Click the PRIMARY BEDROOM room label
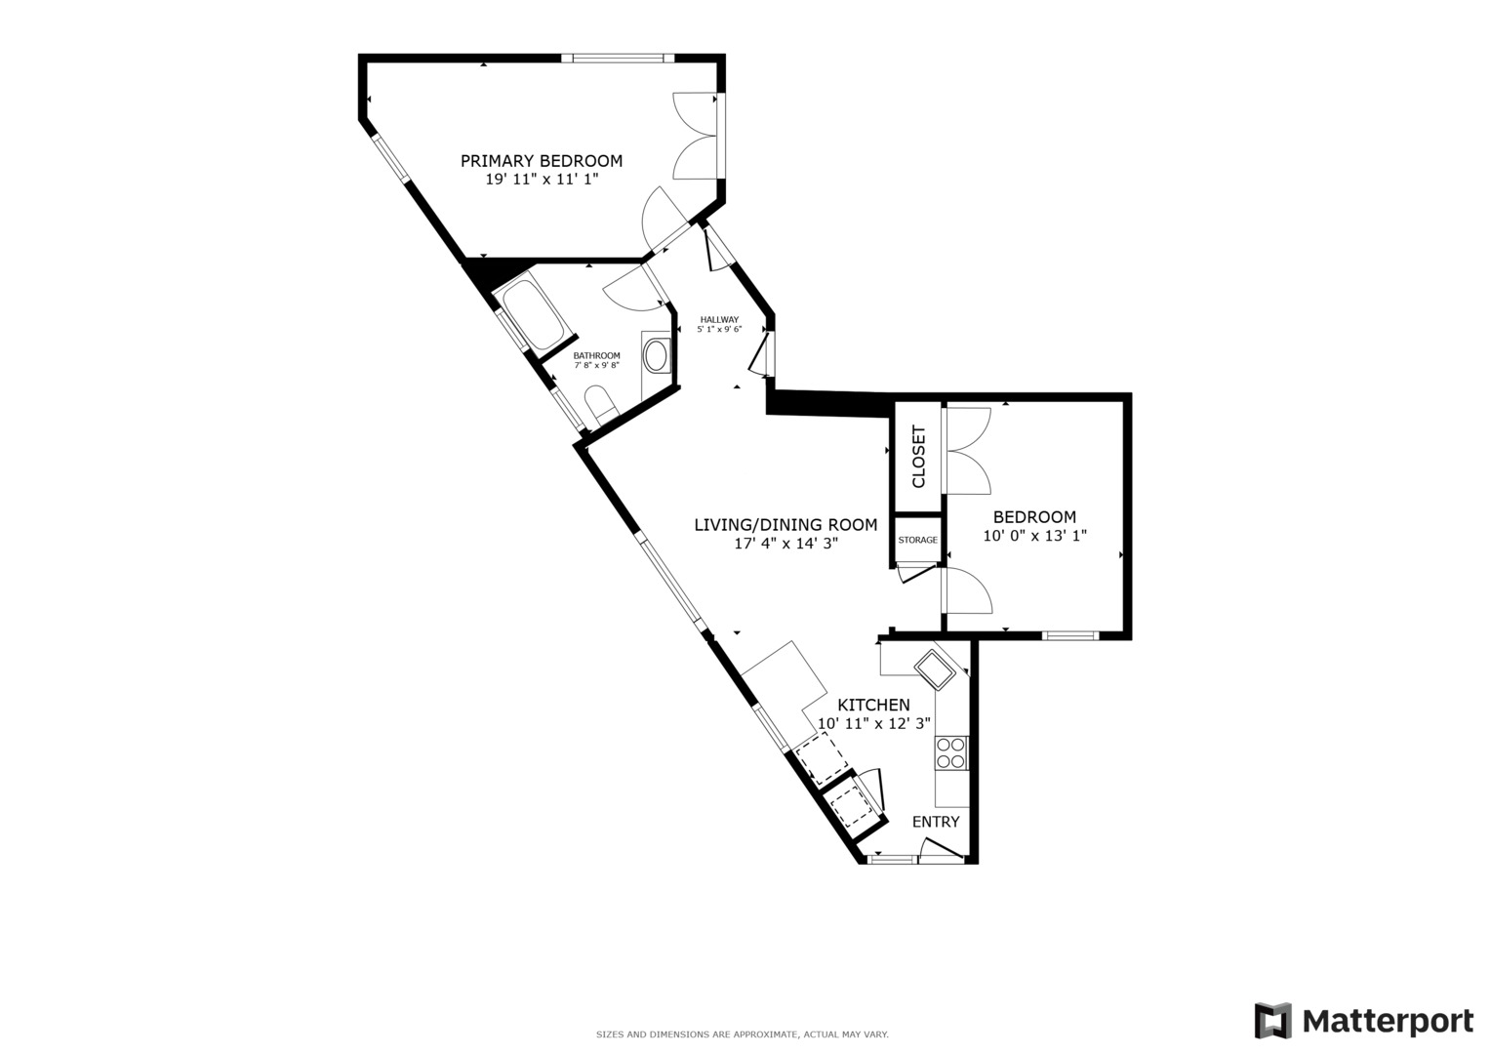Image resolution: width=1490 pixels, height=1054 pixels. pos(541,161)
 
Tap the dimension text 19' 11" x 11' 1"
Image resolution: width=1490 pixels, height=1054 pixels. pos(541,180)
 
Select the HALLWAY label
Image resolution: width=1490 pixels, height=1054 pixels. pos(719,319)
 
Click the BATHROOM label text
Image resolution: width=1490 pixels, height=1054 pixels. pos(596,355)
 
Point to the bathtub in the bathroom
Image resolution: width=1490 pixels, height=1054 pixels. pos(531,314)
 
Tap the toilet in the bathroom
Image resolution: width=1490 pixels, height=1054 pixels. pos(598,404)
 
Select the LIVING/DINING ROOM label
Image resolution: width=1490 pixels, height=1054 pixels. pos(785,525)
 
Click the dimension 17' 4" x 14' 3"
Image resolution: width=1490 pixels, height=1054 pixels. pos(785,544)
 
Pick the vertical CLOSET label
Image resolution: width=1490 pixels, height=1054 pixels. pos(918,457)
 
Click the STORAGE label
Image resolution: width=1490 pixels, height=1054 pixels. pos(917,540)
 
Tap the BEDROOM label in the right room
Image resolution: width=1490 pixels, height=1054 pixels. pos(1034,517)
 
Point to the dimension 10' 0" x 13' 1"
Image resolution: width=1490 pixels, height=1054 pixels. pos(1034,536)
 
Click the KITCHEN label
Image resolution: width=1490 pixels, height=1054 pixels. pos(874,705)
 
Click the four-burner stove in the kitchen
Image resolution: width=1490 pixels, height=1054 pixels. pos(951,752)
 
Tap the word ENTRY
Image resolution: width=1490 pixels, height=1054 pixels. pos(936,822)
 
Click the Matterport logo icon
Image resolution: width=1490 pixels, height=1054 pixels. pos(1273,1021)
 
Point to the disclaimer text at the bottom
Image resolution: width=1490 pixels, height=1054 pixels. pos(742,1034)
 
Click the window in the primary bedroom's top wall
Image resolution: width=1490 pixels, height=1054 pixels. pos(617,58)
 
